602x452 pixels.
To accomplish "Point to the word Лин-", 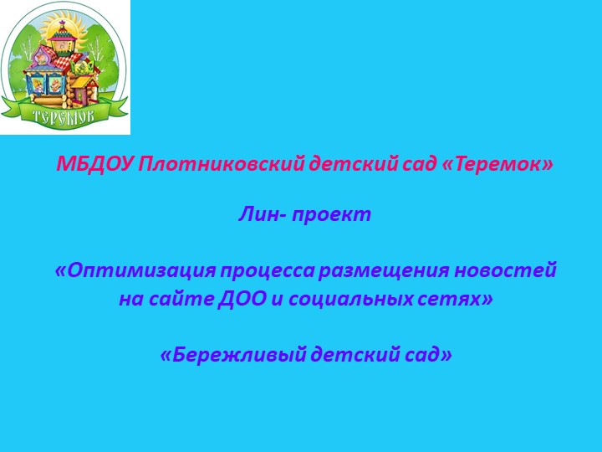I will [262, 214].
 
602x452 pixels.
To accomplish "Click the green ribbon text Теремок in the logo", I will [64, 115].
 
